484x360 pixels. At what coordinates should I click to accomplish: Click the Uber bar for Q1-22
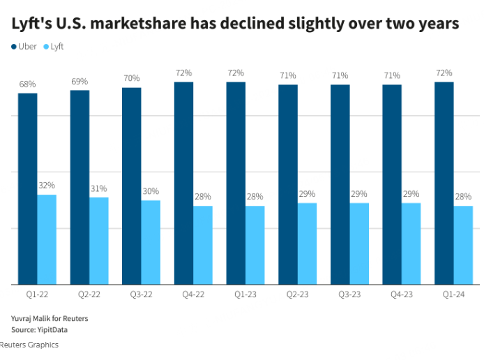tap(28, 188)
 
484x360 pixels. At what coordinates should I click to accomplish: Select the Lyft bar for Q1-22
tap(47, 239)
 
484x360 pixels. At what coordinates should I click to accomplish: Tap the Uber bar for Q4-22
tap(183, 183)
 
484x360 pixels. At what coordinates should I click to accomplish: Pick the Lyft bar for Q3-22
tap(151, 242)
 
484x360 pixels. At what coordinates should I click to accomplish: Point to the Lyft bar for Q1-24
tap(463, 245)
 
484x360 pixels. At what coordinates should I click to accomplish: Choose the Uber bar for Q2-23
tap(288, 184)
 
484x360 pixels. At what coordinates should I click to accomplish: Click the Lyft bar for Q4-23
tap(411, 243)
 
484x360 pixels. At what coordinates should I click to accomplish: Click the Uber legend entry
tap(27, 47)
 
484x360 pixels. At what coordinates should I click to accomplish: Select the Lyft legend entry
tap(57, 47)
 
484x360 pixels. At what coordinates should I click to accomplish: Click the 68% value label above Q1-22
tap(28, 84)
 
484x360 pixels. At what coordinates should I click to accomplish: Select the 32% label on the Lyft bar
tap(47, 186)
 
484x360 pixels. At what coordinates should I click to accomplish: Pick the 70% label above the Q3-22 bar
tap(132, 79)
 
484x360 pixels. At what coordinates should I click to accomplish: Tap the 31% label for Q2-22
tap(98, 188)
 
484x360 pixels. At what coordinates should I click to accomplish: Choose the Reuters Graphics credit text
tap(29, 345)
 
